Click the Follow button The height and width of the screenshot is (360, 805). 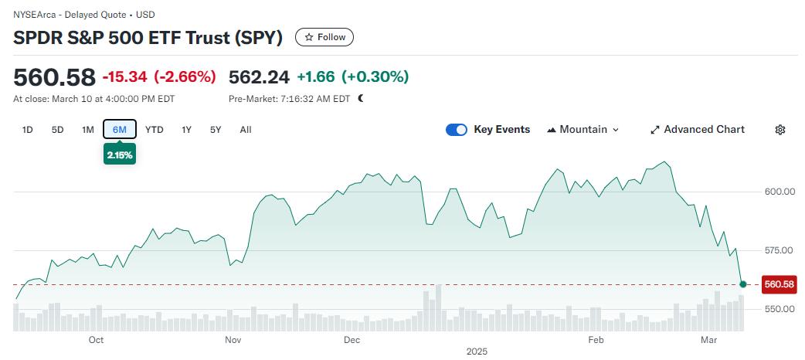coord(324,37)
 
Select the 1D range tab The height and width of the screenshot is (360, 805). coord(28,130)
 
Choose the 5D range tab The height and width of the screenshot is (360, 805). coord(57,130)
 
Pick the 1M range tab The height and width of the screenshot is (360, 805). coord(88,130)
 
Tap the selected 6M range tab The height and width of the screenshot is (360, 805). coord(120,130)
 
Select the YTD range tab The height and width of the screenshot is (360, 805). coord(155,130)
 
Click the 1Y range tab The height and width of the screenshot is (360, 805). coord(186,130)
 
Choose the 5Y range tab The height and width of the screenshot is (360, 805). coord(216,130)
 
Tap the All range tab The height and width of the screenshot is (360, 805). coord(246,130)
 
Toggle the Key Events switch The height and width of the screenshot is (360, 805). coord(457,130)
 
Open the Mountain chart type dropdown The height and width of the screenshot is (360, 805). coord(583,130)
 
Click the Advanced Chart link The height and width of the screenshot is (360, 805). coord(697,130)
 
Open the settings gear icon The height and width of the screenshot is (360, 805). coord(780,130)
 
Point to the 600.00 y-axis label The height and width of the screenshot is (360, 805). coord(779,192)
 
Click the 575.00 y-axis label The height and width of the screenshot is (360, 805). coord(779,250)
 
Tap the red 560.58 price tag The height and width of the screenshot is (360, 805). coord(779,284)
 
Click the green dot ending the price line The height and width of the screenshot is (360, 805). coord(743,284)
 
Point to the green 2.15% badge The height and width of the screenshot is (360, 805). coord(120,155)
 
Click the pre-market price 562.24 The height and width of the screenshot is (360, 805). coord(259,77)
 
